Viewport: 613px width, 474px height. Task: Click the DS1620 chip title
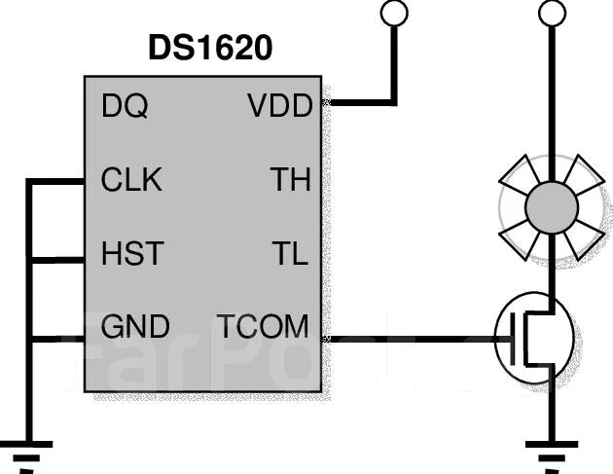point(210,48)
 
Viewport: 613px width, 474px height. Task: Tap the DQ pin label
point(125,105)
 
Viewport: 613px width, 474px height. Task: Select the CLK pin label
point(131,179)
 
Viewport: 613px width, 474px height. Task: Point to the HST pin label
point(132,253)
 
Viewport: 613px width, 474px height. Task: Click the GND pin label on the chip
point(135,326)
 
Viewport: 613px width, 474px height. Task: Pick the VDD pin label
point(280,105)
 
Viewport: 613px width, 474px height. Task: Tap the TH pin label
point(291,179)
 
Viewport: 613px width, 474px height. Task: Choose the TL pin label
point(290,253)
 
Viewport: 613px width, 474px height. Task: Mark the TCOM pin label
point(263,326)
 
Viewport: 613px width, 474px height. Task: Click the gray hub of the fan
point(552,207)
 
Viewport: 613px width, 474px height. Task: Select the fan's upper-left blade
point(521,175)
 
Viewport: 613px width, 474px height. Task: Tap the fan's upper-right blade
point(584,175)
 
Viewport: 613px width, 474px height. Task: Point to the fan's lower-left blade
point(521,239)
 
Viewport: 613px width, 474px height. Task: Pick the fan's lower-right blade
point(584,239)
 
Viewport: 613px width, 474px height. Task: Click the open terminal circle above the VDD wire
point(394,13)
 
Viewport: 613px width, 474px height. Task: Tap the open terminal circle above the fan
point(552,13)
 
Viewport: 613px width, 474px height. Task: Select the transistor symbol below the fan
point(534,338)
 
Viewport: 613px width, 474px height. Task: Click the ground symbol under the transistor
point(552,456)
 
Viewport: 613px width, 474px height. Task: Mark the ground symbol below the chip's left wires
point(26,456)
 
